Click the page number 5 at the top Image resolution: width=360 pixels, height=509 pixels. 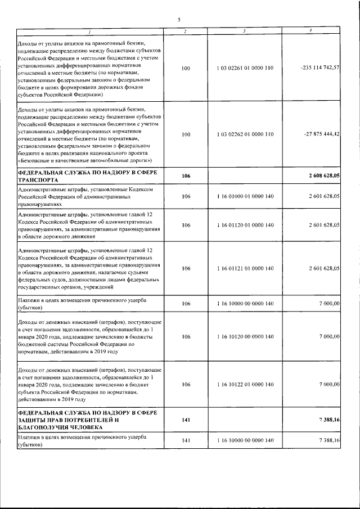[x=179, y=20]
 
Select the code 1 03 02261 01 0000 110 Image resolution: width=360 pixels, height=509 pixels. [x=245, y=67]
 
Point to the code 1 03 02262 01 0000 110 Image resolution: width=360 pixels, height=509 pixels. [x=245, y=134]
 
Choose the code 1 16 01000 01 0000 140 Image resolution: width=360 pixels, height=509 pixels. [x=245, y=197]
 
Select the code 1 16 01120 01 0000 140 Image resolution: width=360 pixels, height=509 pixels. [x=245, y=225]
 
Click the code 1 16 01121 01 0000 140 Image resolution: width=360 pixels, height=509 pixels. [x=245, y=268]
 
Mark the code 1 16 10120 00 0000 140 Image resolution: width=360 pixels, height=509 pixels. [x=245, y=336]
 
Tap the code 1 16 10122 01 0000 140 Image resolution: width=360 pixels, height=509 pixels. [x=245, y=384]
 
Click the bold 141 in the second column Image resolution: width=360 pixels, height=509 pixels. [x=187, y=420]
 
